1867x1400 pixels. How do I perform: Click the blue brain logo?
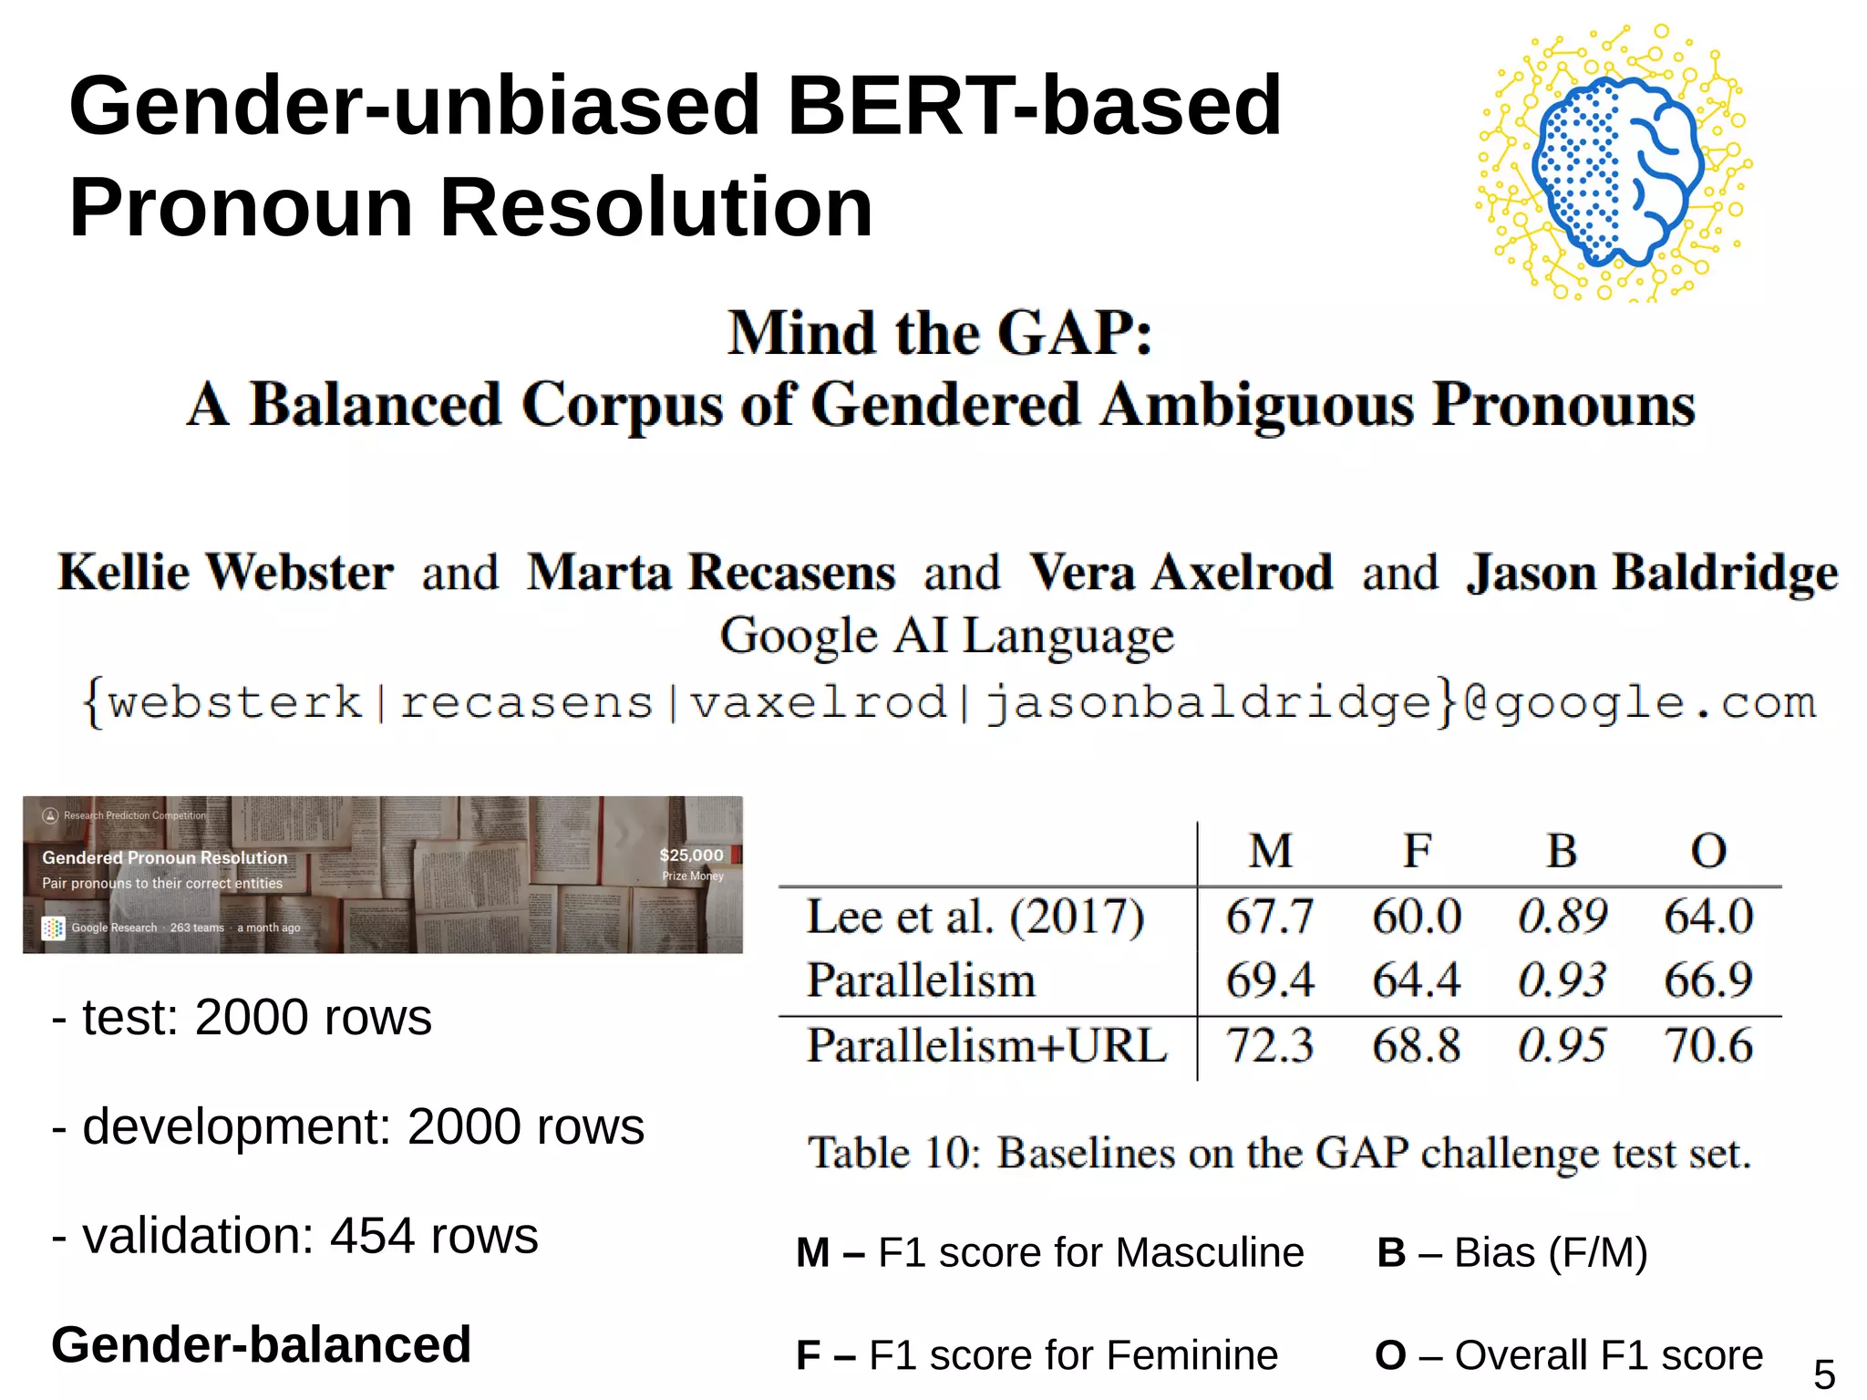coord(1615,169)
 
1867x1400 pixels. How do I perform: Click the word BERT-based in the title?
coord(1034,106)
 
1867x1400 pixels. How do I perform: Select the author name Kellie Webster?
coord(225,573)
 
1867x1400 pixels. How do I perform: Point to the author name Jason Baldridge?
coord(1652,573)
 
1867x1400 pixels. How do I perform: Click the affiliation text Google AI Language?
coord(946,635)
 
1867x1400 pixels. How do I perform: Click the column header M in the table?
coord(1270,851)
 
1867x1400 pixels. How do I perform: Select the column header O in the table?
coord(1708,851)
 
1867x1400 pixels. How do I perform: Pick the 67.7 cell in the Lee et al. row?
coord(1269,917)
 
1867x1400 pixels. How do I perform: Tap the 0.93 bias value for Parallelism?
coord(1562,980)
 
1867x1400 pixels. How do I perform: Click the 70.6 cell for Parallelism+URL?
coord(1707,1045)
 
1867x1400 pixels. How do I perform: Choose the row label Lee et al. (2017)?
coord(975,917)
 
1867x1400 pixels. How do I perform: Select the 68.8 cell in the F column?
coord(1416,1045)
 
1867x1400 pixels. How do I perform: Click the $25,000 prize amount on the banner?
coord(691,856)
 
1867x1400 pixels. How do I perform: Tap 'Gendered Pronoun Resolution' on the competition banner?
coord(164,857)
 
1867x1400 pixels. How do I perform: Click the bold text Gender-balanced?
coord(261,1344)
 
